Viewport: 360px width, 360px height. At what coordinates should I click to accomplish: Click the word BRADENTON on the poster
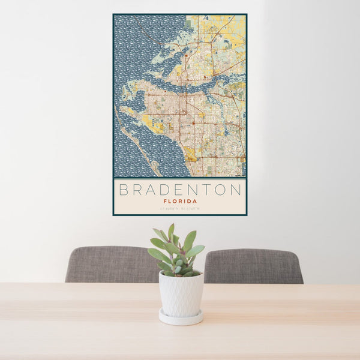pyautogui.click(x=180, y=190)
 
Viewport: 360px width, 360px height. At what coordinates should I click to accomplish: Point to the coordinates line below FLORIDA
pyautogui.click(x=180, y=209)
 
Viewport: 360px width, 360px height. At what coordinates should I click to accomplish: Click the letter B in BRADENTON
pyautogui.click(x=124, y=190)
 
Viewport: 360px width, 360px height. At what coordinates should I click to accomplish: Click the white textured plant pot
pyautogui.click(x=181, y=294)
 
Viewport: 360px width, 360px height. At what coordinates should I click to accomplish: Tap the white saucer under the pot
pyautogui.click(x=181, y=317)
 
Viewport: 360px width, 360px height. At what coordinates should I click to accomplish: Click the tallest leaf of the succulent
pyautogui.click(x=171, y=232)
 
